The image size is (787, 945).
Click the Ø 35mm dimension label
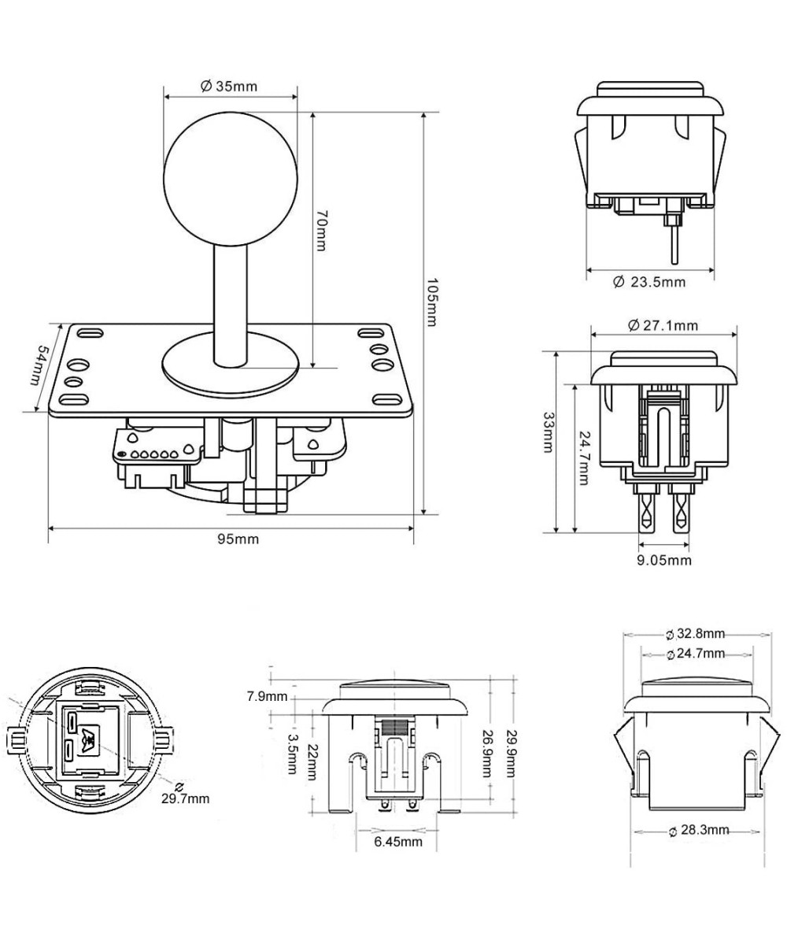(229, 86)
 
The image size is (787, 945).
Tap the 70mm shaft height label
(321, 231)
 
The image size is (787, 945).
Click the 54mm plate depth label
(39, 367)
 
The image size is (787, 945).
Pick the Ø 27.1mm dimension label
(663, 325)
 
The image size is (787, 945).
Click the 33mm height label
(548, 435)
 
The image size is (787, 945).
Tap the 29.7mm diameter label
(185, 798)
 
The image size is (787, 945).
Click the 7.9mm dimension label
(267, 697)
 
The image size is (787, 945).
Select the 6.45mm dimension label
(397, 842)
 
